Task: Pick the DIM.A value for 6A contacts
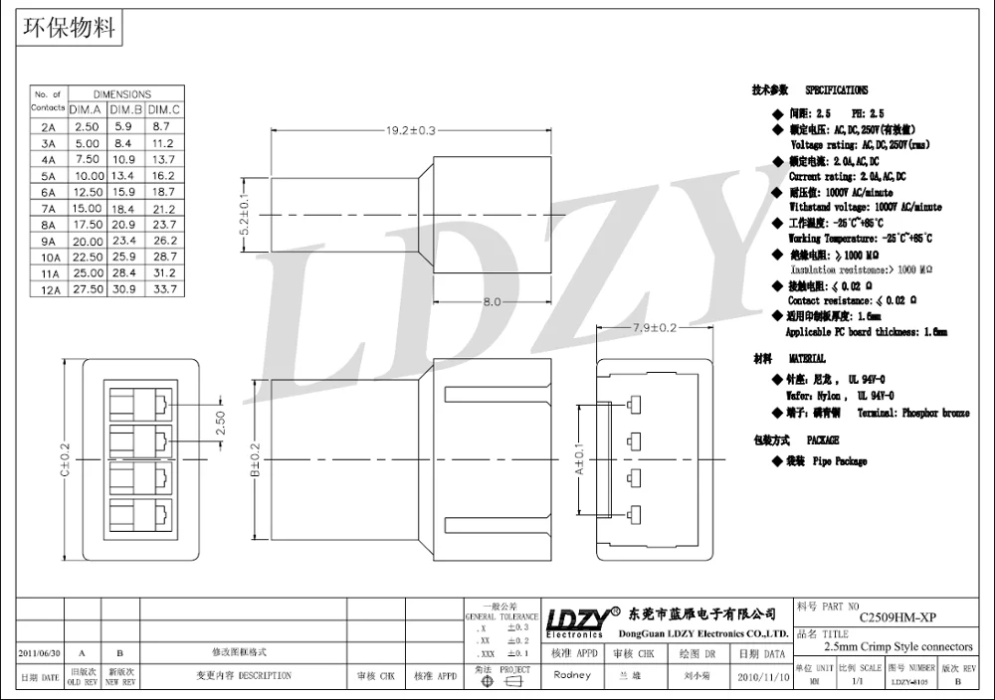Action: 88,191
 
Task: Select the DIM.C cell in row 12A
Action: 163,288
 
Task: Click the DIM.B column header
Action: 125,109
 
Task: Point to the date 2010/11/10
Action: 763,675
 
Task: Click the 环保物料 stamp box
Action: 70,27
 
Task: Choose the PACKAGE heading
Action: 823,439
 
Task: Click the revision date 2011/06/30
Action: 40,653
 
